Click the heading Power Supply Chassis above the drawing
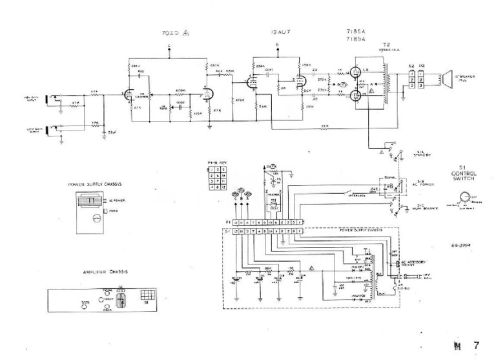click(96, 184)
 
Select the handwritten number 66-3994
click(462, 246)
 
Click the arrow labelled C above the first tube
click(170, 46)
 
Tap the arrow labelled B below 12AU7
click(277, 45)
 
